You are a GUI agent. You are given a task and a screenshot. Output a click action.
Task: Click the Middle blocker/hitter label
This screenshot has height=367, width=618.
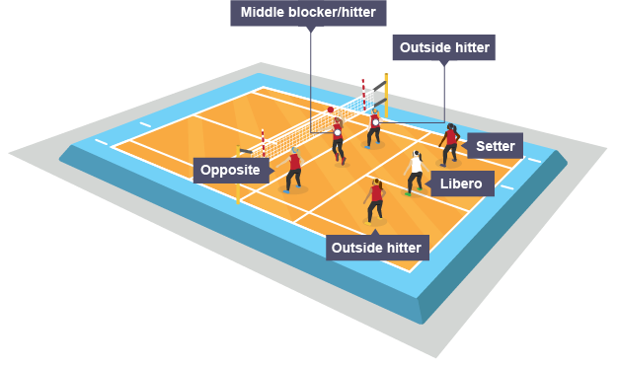point(309,13)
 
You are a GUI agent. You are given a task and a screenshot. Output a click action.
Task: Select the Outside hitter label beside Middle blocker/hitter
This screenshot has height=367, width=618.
point(443,47)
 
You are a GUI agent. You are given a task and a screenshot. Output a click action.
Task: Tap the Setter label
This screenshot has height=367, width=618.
point(495,146)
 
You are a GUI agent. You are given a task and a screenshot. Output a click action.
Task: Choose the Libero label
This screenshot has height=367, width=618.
point(461,184)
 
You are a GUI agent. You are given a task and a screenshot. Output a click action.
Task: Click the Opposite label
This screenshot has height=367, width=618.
point(230,171)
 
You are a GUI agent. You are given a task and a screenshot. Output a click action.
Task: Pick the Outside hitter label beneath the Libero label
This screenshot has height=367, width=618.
point(376,247)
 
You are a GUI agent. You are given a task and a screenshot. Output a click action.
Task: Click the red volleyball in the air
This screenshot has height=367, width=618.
point(331,110)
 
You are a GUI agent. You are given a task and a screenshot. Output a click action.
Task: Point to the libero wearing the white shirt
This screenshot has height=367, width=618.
point(416,174)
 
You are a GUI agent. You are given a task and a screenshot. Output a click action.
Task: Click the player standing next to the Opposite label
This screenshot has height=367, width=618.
point(293,170)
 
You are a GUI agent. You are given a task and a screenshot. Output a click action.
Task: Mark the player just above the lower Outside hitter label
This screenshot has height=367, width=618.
point(375,200)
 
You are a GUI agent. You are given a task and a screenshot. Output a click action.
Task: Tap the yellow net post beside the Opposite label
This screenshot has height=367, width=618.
point(238,176)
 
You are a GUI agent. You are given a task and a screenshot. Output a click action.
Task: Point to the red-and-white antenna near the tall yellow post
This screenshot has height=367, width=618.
point(363,94)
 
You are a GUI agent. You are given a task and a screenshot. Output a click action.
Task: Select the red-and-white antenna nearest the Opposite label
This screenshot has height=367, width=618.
point(263,143)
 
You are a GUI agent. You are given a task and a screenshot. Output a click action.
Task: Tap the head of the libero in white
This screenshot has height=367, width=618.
point(418,156)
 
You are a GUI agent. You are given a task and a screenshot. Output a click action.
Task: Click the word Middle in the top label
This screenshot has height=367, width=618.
point(261,13)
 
